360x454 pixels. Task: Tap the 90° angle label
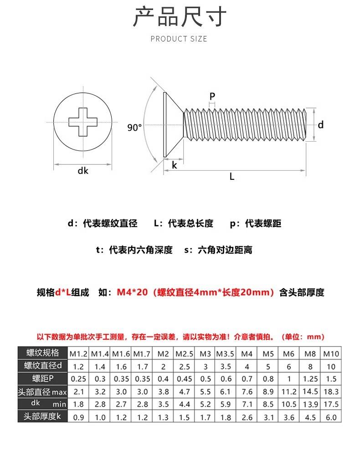coord(134,128)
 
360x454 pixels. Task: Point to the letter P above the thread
coord(212,96)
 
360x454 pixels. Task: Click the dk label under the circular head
coord(82,171)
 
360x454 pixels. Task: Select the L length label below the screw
coord(232,177)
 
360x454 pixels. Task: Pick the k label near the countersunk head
coord(175,165)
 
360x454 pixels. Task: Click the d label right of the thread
coord(321,125)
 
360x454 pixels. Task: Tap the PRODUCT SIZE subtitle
coord(179,39)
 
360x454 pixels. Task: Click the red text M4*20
coord(132,292)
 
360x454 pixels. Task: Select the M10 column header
coord(331,353)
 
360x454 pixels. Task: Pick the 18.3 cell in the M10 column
coord(331,391)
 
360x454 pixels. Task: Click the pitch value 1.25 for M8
coord(310,379)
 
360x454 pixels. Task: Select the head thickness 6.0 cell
coord(331,417)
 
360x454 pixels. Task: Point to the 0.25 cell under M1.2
coord(78,379)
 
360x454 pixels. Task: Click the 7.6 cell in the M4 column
coord(247,391)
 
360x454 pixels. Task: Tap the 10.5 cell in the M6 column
coord(289,404)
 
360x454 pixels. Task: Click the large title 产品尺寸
coord(180,17)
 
